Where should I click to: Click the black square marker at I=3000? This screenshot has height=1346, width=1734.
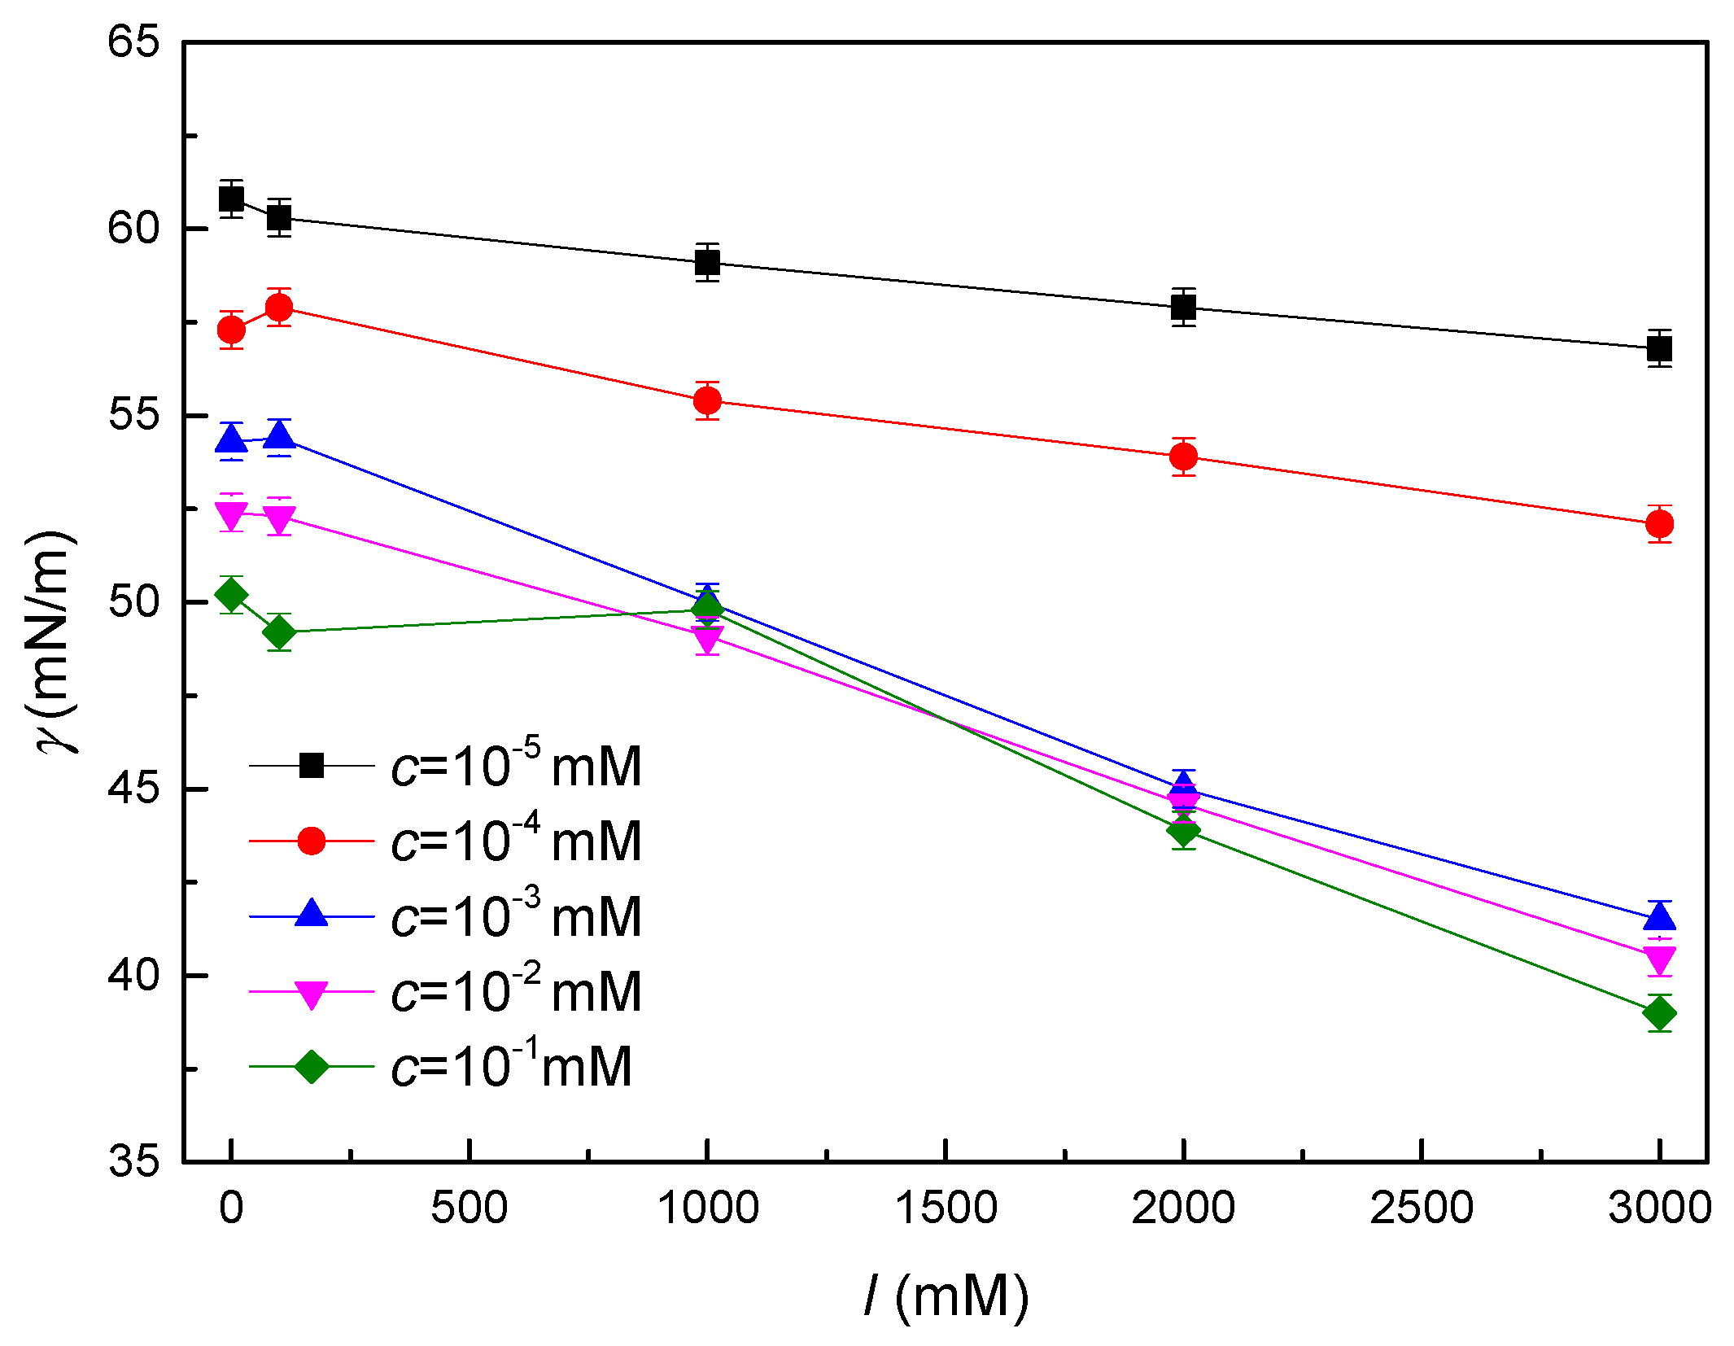tap(1659, 349)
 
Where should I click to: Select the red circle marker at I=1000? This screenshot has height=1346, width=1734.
tap(707, 400)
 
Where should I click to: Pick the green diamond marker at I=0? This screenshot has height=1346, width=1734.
tap(231, 596)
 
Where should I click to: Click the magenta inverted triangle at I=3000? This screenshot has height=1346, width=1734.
tap(1659, 958)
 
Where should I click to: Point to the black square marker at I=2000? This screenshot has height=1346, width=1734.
tap(1183, 308)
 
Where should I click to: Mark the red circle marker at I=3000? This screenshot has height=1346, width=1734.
tap(1659, 524)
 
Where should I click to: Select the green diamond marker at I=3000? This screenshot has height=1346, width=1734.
tap(1659, 1014)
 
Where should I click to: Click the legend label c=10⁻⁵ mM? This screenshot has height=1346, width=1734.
tap(516, 765)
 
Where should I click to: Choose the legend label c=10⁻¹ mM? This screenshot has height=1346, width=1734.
tap(511, 1065)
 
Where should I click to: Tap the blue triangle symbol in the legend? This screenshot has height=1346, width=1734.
tap(311, 914)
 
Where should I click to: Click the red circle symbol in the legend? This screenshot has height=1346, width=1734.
tap(311, 841)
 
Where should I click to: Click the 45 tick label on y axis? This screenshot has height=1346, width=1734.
tap(133, 788)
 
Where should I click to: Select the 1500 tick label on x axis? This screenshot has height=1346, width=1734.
tap(946, 1208)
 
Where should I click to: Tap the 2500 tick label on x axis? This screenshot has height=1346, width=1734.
tap(1421, 1208)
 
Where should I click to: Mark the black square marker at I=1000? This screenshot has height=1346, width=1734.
tap(707, 263)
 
